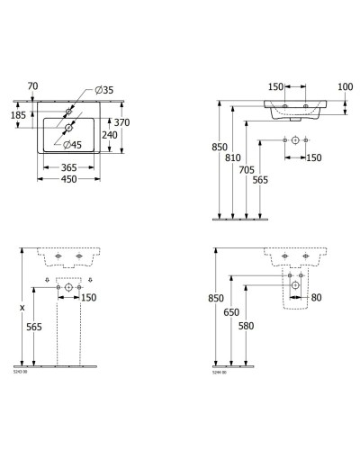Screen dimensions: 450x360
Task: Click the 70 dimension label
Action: coord(33,86)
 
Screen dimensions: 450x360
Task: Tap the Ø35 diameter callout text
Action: coord(103,91)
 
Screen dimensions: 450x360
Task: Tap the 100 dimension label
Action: coord(343,86)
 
